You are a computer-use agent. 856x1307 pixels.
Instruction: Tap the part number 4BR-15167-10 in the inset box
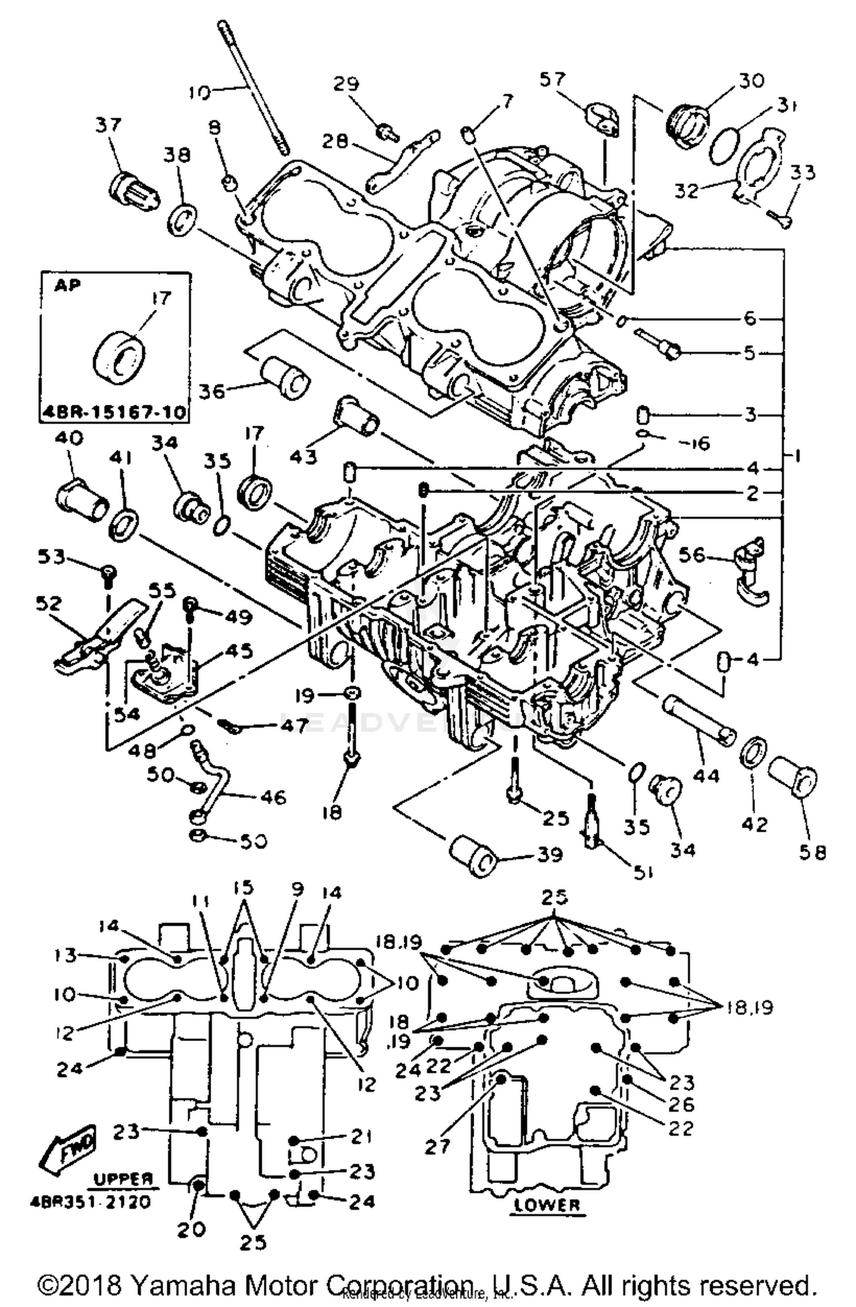click(x=115, y=412)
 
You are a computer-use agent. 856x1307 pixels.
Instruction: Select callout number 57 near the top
click(x=552, y=79)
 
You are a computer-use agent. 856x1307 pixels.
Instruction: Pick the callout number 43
click(x=303, y=457)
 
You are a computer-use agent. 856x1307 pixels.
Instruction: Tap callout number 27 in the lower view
click(x=438, y=1145)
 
